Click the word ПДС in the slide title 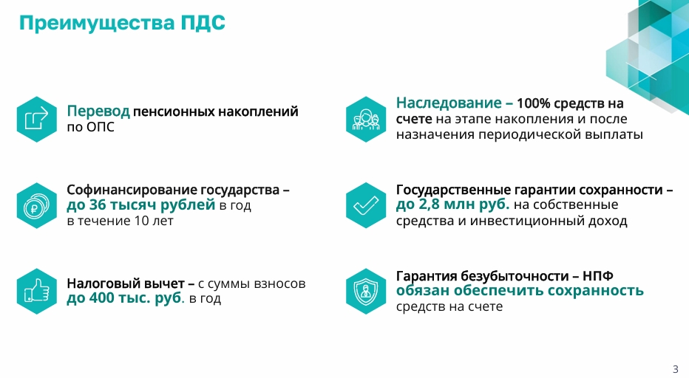[203, 23]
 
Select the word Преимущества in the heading [97, 24]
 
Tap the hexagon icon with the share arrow [37, 120]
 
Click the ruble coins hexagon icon [37, 205]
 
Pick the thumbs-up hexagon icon [37, 292]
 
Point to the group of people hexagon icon [366, 120]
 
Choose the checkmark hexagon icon [366, 205]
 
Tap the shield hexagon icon [366, 292]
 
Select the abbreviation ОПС [101, 127]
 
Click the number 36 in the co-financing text [98, 205]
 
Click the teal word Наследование [449, 103]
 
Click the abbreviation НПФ [598, 276]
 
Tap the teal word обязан [423, 291]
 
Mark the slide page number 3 [676, 369]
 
